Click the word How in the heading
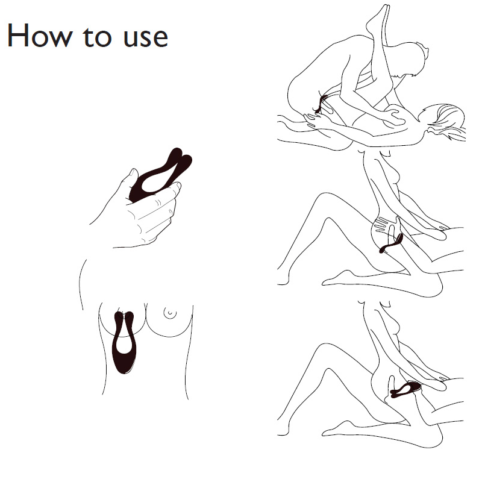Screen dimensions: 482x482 (x=39, y=36)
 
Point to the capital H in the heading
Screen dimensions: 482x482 (x=17, y=36)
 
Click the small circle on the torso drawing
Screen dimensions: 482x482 (x=170, y=313)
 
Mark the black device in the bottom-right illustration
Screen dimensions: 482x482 (x=405, y=388)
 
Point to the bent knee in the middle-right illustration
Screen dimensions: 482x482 (x=324, y=200)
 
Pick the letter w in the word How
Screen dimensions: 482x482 (x=59, y=39)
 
